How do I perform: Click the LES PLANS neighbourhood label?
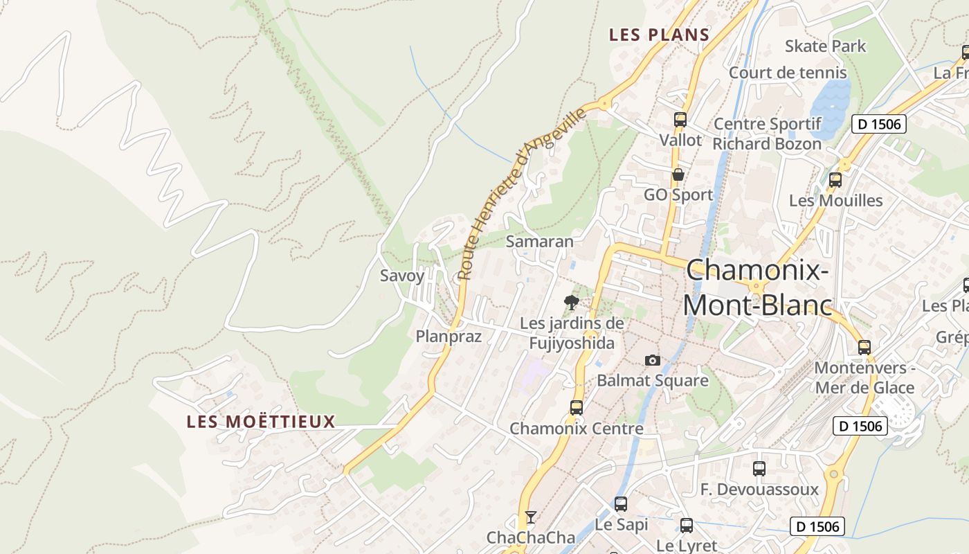coord(659,35)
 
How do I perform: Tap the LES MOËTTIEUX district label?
coord(261,421)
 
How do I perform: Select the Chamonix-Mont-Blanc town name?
coord(757,287)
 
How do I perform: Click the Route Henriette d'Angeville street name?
coord(521,195)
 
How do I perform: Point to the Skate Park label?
coord(825,46)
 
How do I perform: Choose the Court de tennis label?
coord(788,73)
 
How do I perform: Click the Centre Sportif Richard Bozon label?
coord(767,134)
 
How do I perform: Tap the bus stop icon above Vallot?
coord(680,119)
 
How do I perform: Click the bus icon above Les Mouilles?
coord(835,180)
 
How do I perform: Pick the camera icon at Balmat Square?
coord(652,360)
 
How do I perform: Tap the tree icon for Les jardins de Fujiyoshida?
coord(571,302)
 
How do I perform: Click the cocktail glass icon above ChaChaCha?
coord(530,517)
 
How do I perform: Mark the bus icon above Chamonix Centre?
coord(576,408)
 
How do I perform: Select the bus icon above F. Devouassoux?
coord(759,469)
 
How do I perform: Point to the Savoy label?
coord(402,276)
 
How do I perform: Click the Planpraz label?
coord(448,337)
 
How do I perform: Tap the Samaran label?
coord(540,242)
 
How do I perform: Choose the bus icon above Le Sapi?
coord(621,504)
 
